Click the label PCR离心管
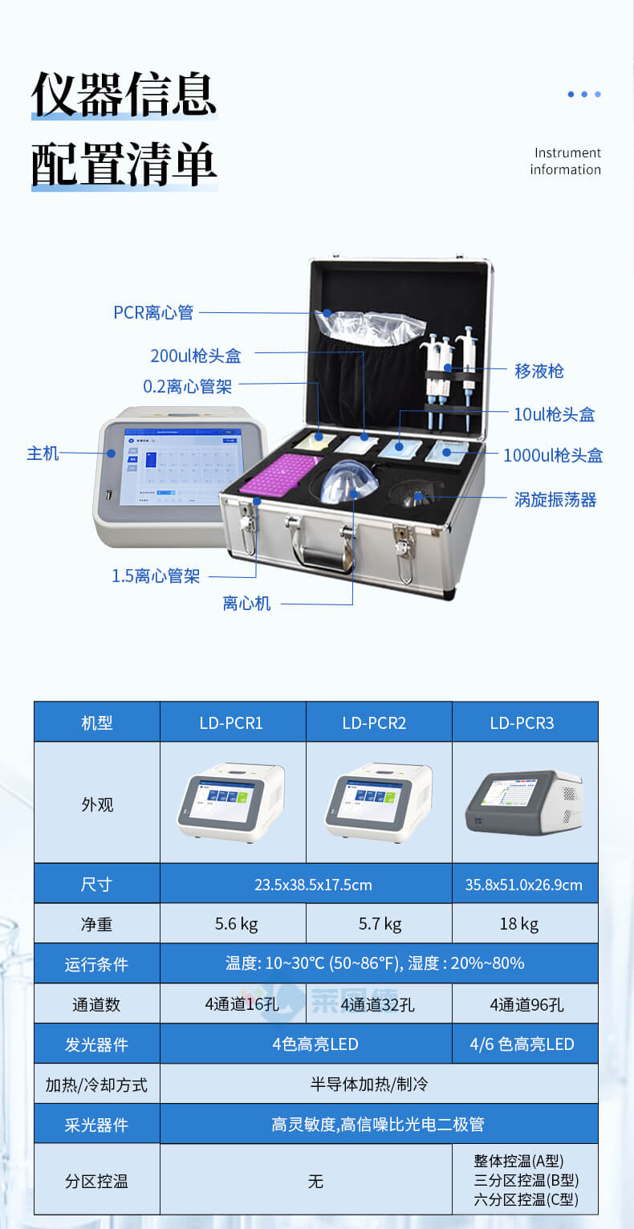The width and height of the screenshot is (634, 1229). click(x=153, y=312)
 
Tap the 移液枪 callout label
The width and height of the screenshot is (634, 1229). click(x=538, y=371)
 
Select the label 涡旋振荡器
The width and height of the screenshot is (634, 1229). click(x=555, y=500)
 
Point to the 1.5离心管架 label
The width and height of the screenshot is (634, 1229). click(x=156, y=576)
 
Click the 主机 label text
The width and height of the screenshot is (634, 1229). click(x=43, y=454)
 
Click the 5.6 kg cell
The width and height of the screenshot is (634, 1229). click(x=236, y=924)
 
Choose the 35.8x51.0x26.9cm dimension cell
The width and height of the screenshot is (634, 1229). click(x=523, y=885)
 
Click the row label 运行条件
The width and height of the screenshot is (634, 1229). click(x=96, y=964)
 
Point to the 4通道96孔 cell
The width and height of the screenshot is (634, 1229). click(x=524, y=1004)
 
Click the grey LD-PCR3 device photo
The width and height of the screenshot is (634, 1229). click(x=523, y=803)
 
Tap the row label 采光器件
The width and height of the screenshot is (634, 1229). click(x=96, y=1125)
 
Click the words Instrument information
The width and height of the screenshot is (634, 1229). click(x=565, y=161)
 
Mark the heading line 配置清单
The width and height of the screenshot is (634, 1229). click(x=124, y=165)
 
